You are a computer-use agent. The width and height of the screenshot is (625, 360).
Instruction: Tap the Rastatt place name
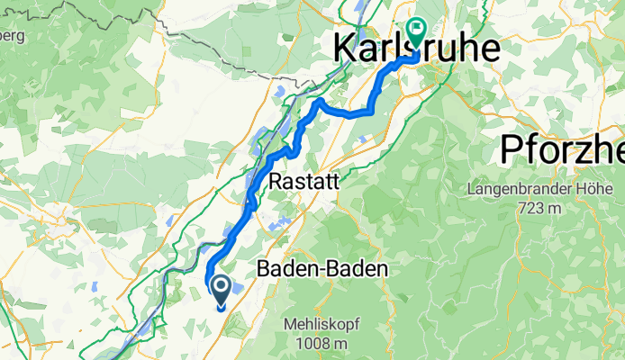304,181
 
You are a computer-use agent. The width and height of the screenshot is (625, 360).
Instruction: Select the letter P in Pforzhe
512,148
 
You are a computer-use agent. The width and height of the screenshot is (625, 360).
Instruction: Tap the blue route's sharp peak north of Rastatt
317,103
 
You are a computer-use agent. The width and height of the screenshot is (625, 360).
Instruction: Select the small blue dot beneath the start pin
221,308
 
